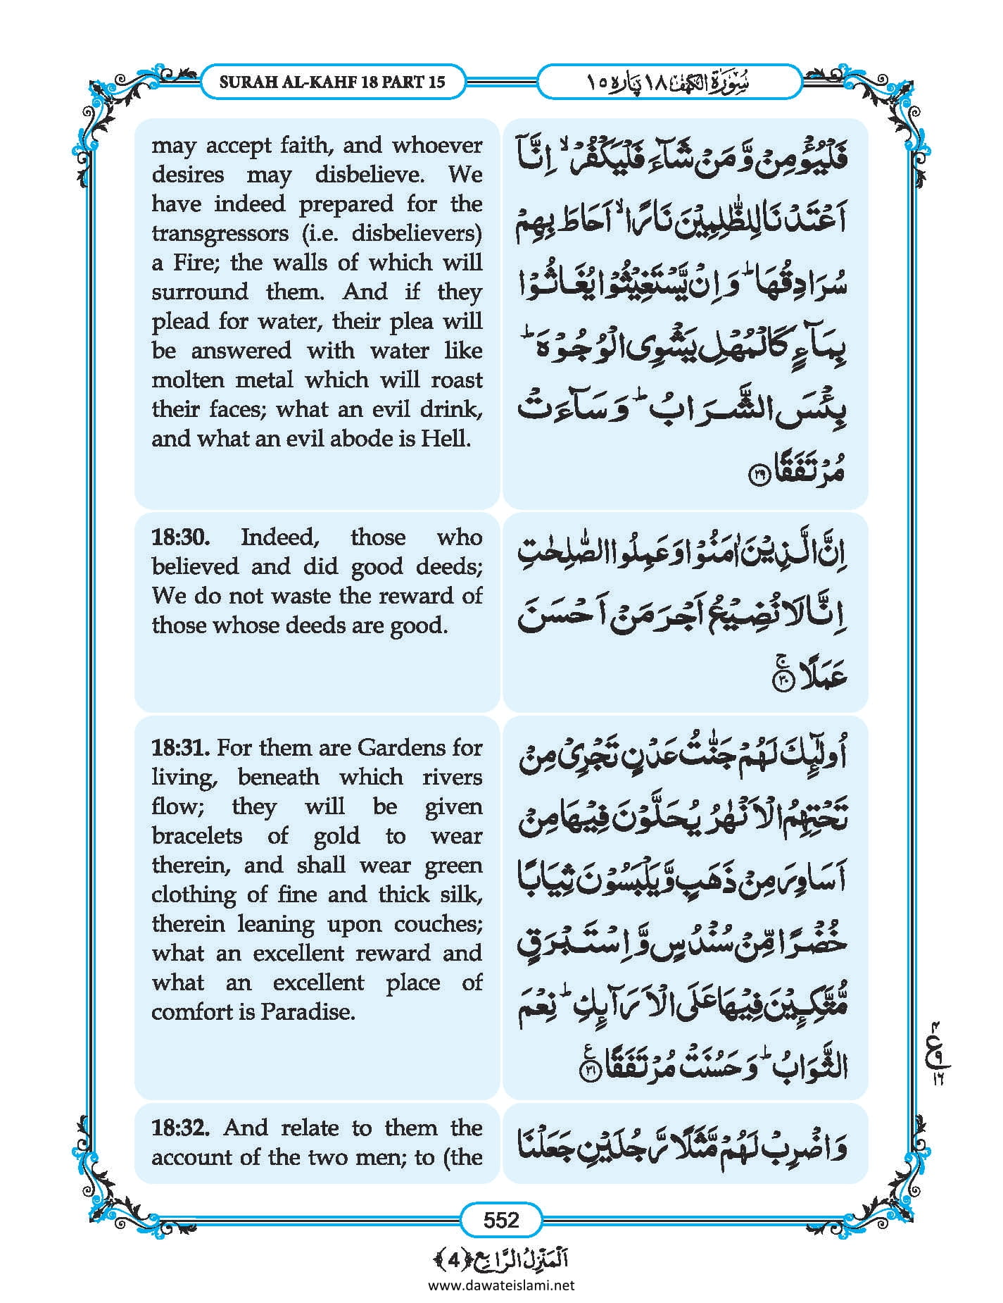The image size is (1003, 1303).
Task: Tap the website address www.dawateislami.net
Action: coord(501,1285)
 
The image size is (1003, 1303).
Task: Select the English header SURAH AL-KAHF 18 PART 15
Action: coord(332,82)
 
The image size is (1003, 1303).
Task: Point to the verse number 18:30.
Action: coord(181,537)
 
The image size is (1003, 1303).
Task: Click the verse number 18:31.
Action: coord(181,747)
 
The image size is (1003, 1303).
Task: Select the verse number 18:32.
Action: coord(181,1128)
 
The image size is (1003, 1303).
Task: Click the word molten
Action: coord(186,380)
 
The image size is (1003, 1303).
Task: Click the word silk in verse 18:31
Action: coord(463,894)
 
